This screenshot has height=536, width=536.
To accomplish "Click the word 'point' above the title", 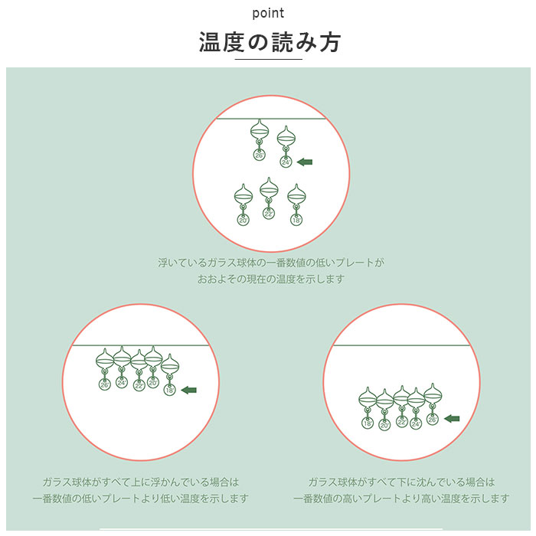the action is (268, 13).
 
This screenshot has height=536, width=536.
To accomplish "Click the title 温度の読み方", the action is (270, 42).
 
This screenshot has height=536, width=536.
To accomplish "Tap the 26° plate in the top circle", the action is (260, 155).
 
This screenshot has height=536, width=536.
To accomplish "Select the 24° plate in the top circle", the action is (286, 162).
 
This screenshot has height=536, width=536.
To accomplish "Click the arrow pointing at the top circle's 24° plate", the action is (305, 162).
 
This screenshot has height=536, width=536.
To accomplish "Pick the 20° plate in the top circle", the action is (243, 220).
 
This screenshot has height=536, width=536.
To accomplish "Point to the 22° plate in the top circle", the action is (269, 214).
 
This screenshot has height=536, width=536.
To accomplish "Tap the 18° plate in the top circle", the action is (296, 220).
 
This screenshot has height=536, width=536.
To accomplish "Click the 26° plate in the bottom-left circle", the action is (105, 384).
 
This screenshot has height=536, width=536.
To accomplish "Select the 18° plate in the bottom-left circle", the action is (169, 390).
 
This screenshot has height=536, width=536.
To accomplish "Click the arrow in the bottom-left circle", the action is (188, 390).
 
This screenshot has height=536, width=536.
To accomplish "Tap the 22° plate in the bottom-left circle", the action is (139, 386).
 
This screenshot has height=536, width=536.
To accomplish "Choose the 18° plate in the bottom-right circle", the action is (368, 423).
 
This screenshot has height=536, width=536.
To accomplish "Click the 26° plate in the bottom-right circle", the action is (433, 419).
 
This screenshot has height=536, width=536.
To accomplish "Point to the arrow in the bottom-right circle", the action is (452, 418).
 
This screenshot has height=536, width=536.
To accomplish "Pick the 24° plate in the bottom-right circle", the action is (416, 424).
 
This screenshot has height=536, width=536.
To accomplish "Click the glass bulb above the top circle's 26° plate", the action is (260, 130).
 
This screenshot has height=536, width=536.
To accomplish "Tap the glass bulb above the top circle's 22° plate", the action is (269, 188).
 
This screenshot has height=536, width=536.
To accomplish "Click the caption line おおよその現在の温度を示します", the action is (270, 279).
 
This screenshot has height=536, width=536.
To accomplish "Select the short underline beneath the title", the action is (268, 60).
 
